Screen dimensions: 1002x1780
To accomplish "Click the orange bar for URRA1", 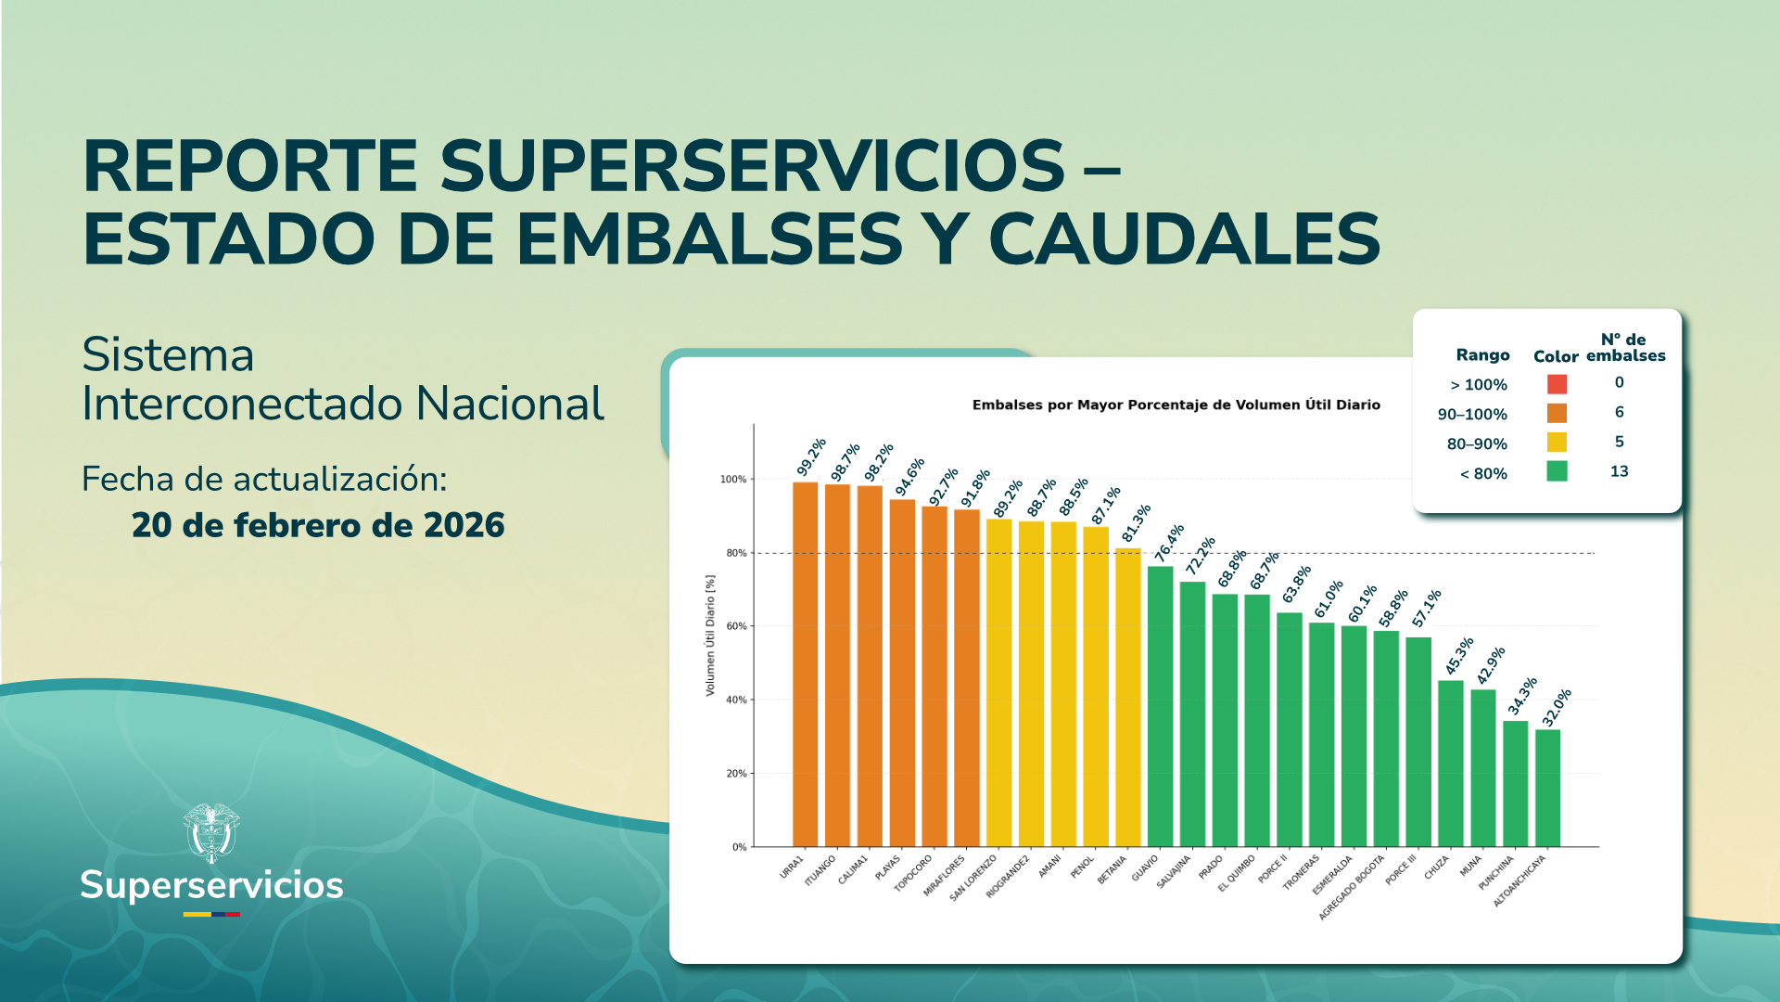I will pos(805,663).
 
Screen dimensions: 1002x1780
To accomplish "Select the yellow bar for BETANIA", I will pos(1127,696).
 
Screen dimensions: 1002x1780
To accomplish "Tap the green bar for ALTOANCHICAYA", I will pos(1547,788).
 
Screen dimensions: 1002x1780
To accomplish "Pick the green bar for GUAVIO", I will pos(1160,705).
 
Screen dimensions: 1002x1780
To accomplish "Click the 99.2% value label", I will pos(811,456).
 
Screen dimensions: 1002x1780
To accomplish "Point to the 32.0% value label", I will pos(1557,708).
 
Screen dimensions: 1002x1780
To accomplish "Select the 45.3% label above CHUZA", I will pos(1459,656).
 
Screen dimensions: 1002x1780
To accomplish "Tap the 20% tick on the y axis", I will pos(735,774).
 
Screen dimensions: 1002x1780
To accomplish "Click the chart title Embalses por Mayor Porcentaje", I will pos(1176,405).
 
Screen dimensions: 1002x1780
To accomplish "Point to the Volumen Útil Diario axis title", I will pos(710,636).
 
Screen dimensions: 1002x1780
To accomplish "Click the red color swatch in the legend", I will pos(1557,384).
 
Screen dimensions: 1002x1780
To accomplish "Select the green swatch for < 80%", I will pos(1557,471).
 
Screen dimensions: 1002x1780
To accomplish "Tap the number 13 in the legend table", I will pos(1619,471).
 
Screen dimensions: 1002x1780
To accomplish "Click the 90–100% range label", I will pos(1472,415).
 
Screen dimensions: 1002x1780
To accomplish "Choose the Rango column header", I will pos(1482,355).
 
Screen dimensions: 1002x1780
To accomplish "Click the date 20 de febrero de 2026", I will pos(318,525).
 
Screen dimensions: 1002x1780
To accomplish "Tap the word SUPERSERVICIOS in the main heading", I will pos(751,167).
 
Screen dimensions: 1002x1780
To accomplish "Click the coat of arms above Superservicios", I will pos(211,832).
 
